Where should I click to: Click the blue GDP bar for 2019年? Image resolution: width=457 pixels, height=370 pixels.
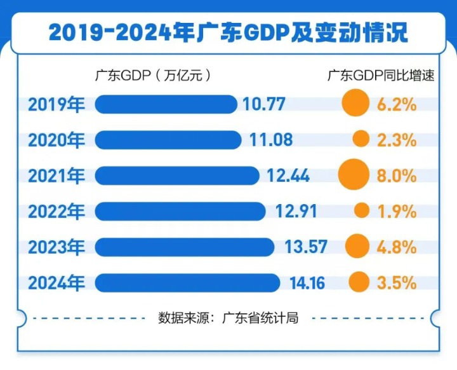click(166, 104)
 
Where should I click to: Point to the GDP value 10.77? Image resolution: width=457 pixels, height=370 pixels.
click(264, 104)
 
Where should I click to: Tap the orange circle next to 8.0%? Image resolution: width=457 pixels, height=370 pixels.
click(354, 175)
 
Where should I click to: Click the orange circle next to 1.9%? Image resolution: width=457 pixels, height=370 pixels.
click(361, 210)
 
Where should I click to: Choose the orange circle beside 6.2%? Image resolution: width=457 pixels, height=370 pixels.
click(355, 104)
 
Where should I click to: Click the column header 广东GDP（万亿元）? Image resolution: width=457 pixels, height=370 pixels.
click(152, 75)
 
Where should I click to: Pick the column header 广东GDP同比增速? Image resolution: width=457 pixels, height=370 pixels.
click(381, 75)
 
